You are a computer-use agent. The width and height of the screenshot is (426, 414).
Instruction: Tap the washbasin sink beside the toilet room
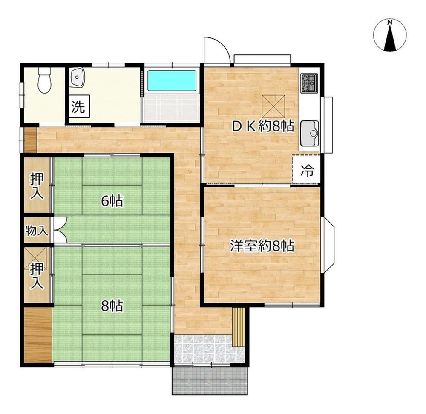pos(77,77)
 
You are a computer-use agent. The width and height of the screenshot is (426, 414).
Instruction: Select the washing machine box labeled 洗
pos(79,106)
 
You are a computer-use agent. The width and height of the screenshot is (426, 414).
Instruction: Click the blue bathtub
pos(172,81)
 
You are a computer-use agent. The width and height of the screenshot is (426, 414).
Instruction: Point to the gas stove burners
pos(309,83)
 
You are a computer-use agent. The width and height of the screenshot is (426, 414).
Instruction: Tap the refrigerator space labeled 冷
pos(306,170)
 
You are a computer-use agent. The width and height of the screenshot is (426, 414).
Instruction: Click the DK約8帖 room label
pos(263,126)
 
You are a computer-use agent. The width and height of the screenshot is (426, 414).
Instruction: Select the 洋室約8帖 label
pos(262,246)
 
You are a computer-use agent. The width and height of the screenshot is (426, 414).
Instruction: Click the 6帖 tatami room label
pos(112,201)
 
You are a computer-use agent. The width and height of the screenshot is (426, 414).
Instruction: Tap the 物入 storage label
pos(36,231)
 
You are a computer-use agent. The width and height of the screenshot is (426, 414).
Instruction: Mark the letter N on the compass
pos(390,22)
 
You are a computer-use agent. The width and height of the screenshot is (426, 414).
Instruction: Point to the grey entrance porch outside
pos(210,380)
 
